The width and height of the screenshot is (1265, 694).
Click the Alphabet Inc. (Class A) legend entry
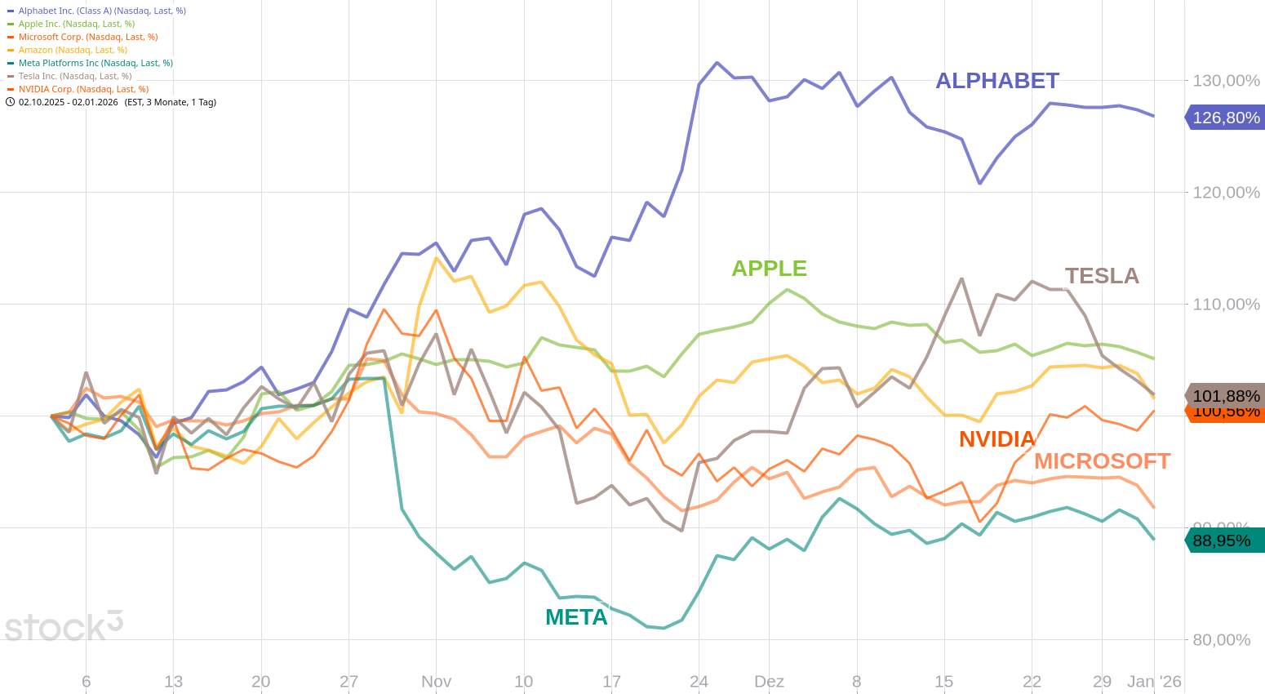[x=102, y=11]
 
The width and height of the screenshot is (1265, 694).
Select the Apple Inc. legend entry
[x=77, y=24]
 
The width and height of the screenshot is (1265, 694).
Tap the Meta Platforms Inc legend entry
[x=95, y=63]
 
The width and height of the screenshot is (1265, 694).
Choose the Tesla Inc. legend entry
[x=75, y=76]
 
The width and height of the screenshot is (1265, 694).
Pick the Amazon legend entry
[x=73, y=50]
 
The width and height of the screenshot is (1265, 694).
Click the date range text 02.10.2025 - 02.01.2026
[x=69, y=102]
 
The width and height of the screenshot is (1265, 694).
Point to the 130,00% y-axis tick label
[x=1226, y=81]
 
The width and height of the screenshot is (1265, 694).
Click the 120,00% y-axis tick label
[x=1226, y=193]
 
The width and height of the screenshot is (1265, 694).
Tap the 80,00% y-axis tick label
[x=1221, y=640]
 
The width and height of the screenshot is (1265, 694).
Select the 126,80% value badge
[x=1226, y=118]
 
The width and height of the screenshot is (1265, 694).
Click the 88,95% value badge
[x=1222, y=541]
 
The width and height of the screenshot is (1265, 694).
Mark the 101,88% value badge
[x=1226, y=396]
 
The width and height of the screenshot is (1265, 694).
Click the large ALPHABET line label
[x=996, y=81]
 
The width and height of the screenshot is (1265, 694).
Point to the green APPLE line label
[x=769, y=269]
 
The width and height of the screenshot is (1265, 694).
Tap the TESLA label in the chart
[x=1102, y=276]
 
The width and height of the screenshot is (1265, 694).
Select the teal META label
[x=576, y=617]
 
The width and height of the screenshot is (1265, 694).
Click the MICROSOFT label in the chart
[x=1102, y=461]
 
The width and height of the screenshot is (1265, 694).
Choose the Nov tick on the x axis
[x=436, y=682]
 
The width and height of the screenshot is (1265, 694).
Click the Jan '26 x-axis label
[x=1154, y=682]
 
